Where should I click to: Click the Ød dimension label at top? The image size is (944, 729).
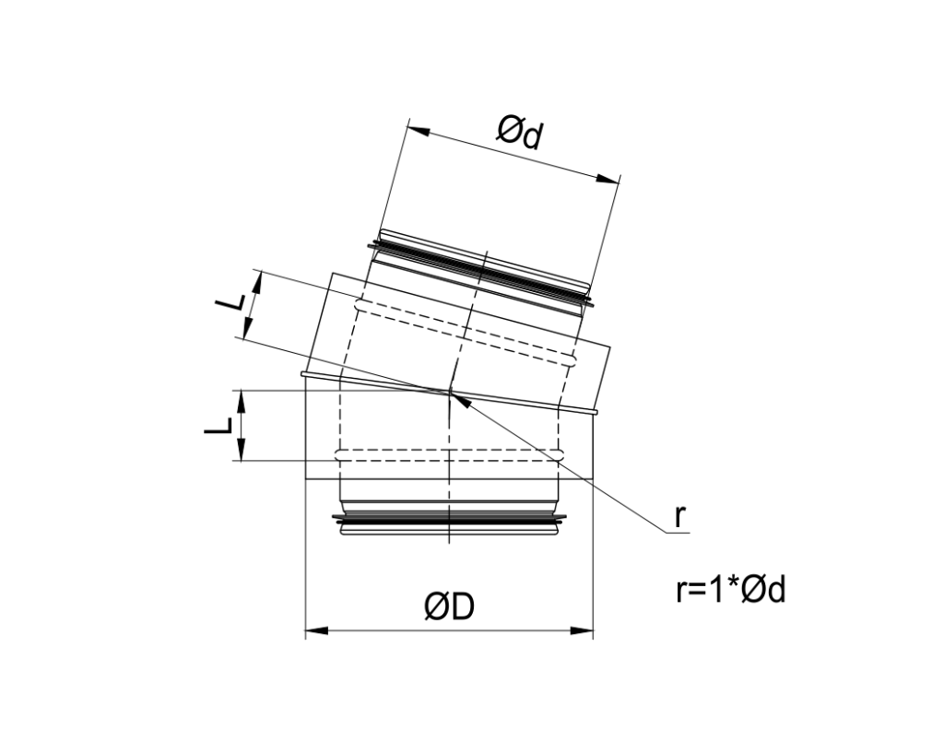(x=522, y=135)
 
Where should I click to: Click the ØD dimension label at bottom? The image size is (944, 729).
(x=449, y=607)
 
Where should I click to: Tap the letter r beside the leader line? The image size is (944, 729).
(x=679, y=516)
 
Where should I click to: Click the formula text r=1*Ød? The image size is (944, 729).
(x=730, y=590)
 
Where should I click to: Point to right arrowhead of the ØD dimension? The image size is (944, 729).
(x=583, y=631)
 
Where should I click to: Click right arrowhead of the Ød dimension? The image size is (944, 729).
(x=608, y=179)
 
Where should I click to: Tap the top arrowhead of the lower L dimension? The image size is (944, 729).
(x=241, y=398)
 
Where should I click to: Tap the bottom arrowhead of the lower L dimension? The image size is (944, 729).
(x=241, y=452)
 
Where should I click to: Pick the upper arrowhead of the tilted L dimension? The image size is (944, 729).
(x=257, y=282)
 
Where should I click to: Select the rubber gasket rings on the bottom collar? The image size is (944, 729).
(x=449, y=523)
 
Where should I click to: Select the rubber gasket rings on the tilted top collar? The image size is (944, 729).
(x=479, y=267)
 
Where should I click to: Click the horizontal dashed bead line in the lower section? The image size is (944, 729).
(x=449, y=454)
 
